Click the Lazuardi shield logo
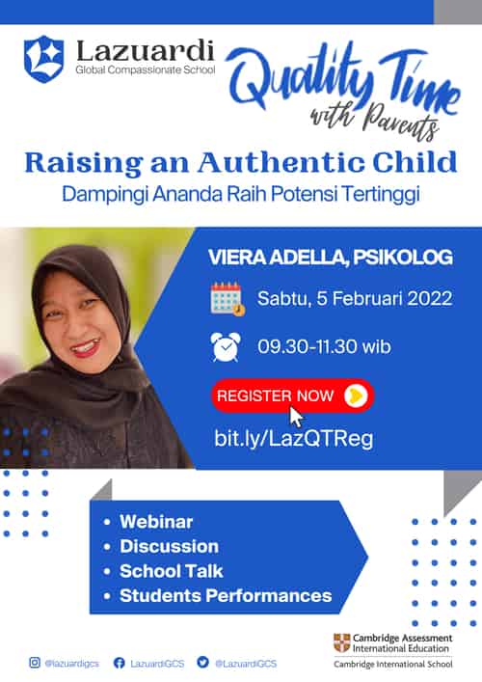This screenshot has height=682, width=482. point(44,59)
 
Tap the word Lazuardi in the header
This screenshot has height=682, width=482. point(146,51)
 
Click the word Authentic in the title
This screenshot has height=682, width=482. point(281,162)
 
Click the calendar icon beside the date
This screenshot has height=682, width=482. point(228,299)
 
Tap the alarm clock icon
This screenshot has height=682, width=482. point(226,346)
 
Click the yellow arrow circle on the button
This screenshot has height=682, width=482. point(356,396)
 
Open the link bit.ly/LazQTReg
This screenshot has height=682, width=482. point(294,438)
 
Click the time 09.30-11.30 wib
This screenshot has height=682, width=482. point(324,346)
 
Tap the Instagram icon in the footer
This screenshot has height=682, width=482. point(35,663)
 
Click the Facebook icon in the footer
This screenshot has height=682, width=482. point(120,663)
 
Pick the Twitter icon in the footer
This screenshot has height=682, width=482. point(202,662)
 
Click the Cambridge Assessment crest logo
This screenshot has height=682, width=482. point(341,642)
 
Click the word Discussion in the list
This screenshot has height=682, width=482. point(169,546)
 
